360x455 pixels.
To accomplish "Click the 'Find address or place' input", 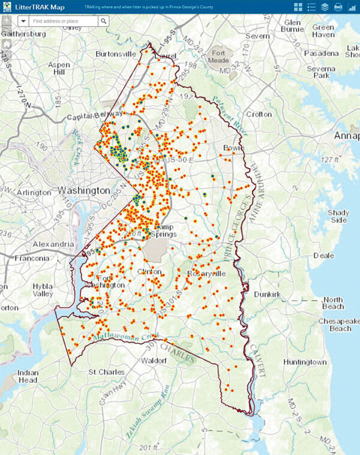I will (x=64, y=20).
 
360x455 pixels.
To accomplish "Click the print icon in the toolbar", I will (x=338, y=7).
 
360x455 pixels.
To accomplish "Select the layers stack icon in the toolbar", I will (x=325, y=7).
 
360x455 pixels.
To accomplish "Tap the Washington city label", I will (x=84, y=190).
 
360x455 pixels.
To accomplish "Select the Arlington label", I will (x=34, y=193).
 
